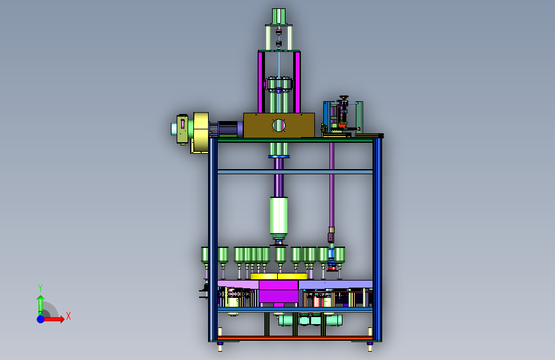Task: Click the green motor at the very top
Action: click(x=278, y=16)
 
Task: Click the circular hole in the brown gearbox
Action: click(x=278, y=125)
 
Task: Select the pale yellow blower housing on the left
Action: click(x=201, y=133)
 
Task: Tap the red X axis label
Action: click(x=68, y=316)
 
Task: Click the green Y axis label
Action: click(x=40, y=288)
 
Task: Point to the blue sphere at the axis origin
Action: click(x=41, y=319)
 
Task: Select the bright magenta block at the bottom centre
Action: click(x=278, y=292)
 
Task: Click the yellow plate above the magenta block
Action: click(x=278, y=276)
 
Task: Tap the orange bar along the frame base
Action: click(x=294, y=338)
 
